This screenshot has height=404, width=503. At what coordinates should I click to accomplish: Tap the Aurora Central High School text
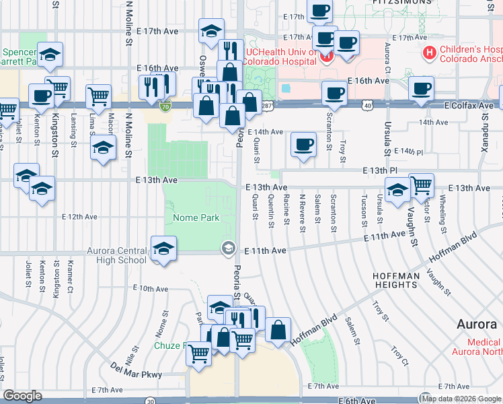(116, 255)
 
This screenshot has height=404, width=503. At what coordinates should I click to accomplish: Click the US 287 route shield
(267, 106)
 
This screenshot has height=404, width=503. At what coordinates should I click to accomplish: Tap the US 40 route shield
(366, 106)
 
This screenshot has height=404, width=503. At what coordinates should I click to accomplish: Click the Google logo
(22, 396)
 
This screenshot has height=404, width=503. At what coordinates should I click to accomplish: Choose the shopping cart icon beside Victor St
(421, 184)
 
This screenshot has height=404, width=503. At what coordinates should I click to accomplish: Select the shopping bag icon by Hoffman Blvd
(278, 329)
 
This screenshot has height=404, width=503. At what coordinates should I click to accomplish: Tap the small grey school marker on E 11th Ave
(229, 249)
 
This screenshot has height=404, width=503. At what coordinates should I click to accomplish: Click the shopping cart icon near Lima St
(98, 96)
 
